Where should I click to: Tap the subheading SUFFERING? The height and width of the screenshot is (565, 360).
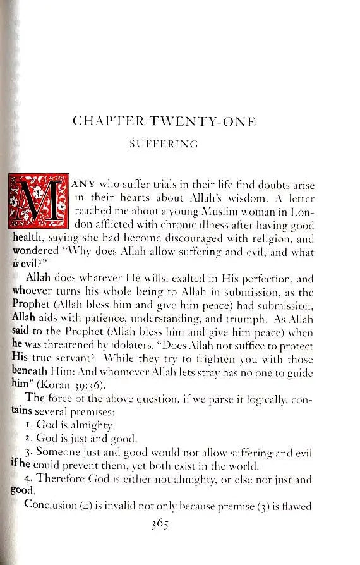(x=164, y=145)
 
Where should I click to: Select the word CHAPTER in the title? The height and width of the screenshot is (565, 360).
(x=103, y=120)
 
